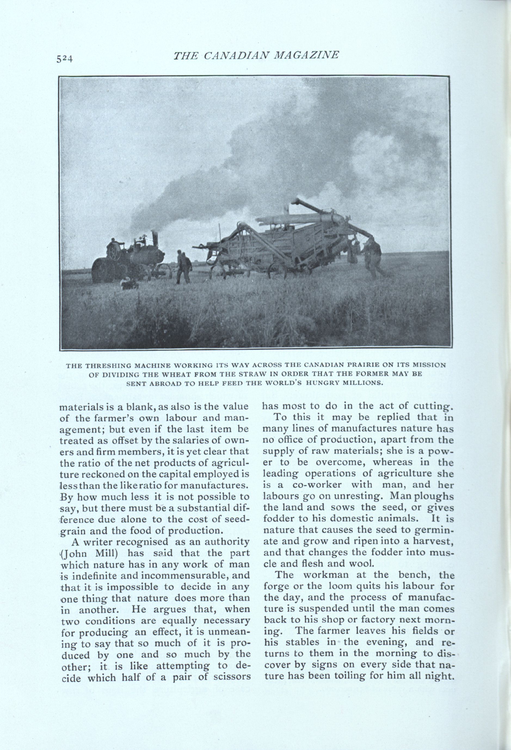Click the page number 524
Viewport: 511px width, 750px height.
pyautogui.click(x=65, y=59)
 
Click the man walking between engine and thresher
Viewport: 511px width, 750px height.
pyautogui.click(x=183, y=267)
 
